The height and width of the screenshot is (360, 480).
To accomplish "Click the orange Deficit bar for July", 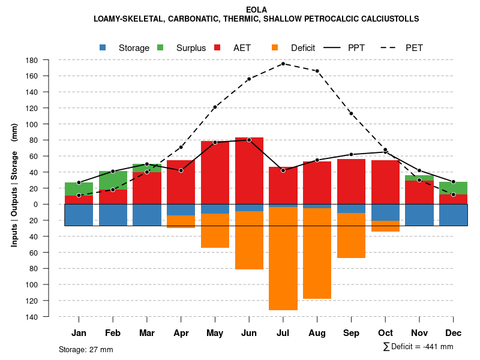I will (283, 258).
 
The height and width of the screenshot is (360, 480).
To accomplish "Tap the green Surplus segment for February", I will (113, 180).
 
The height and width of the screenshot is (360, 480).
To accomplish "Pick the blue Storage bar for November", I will (419, 215).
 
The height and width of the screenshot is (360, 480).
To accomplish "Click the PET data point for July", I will (283, 64).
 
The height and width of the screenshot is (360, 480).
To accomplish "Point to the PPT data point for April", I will (181, 170).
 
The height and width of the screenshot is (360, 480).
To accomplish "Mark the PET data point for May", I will (215, 107).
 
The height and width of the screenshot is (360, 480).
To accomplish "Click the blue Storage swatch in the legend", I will (103, 47).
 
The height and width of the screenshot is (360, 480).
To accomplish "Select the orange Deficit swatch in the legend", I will (275, 47).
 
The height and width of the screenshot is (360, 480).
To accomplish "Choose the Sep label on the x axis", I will (352, 333).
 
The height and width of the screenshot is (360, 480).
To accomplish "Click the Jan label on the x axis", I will (79, 333).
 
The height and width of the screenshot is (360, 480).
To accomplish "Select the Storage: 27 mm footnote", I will (86, 349).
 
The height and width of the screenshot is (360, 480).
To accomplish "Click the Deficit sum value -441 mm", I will (439, 347).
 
